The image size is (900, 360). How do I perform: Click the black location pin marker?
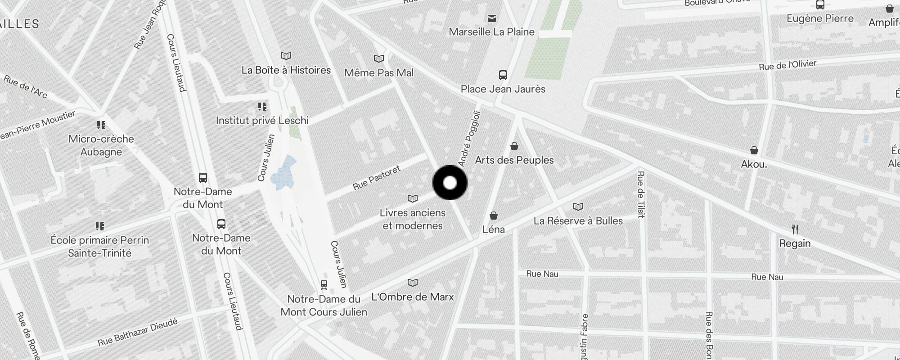pyautogui.click(x=450, y=183)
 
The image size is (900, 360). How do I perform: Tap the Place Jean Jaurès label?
pyautogui.click(x=503, y=89)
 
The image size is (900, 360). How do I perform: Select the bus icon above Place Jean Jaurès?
pyautogui.click(x=503, y=75)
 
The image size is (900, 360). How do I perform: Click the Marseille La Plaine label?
pyautogui.click(x=491, y=32)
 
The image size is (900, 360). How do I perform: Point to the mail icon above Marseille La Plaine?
pyautogui.click(x=492, y=18)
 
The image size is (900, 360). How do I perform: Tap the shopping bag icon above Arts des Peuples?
pyautogui.click(x=514, y=146)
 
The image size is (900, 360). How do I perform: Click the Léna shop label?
pyautogui.click(x=493, y=229)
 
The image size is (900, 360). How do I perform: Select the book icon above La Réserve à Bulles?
pyautogui.click(x=578, y=207)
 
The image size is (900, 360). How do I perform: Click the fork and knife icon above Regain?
pyautogui.click(x=795, y=229)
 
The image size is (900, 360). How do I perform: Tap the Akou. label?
pyautogui.click(x=754, y=164)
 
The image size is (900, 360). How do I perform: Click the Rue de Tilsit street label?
pyautogui.click(x=641, y=194)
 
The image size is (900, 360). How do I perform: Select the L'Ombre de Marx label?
pyautogui.click(x=413, y=297)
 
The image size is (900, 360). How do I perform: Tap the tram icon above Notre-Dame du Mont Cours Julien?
pyautogui.click(x=324, y=284)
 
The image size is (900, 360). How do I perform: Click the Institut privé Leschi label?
pyautogui.click(x=262, y=121)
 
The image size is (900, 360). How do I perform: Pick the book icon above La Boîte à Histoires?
pyautogui.click(x=286, y=56)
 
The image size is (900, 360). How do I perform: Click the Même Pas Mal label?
pyautogui.click(x=378, y=73)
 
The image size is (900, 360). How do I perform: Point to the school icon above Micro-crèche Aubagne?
pyautogui.click(x=101, y=125)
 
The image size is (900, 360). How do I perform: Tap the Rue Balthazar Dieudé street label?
pyautogui.click(x=138, y=332)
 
